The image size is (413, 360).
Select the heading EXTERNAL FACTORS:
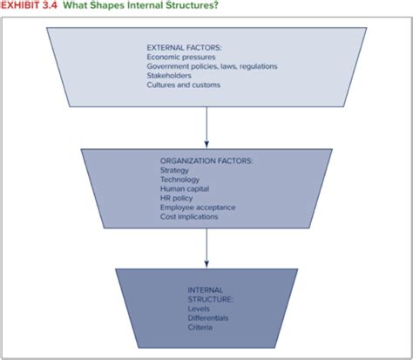coord(183,46)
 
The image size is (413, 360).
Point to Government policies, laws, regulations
coord(213,65)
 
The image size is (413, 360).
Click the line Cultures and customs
coord(184,85)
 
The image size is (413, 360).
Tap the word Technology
coord(180,180)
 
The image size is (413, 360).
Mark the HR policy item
coord(178,198)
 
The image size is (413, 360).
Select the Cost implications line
coord(189,216)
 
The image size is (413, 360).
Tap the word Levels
coord(199,309)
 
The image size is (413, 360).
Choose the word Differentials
coord(206,317)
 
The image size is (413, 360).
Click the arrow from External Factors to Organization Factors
coord(206,127)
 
